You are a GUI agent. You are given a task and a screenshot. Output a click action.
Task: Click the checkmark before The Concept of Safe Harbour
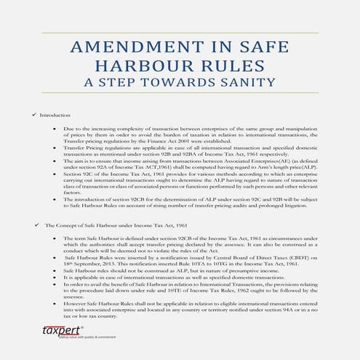36,226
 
